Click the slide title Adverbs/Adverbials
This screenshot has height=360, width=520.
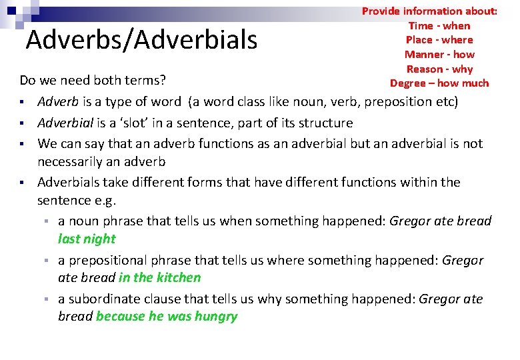click(x=141, y=41)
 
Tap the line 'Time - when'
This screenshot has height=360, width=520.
click(x=439, y=26)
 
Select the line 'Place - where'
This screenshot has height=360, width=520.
click(x=439, y=40)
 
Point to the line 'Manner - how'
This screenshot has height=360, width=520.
click(x=439, y=55)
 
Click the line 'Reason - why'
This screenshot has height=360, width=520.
click(x=439, y=69)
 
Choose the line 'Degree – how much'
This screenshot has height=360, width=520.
click(x=439, y=83)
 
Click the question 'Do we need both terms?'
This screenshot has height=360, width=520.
click(x=92, y=81)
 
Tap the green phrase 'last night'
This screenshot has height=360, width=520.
click(x=87, y=239)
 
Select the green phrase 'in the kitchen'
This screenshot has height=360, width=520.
click(x=159, y=277)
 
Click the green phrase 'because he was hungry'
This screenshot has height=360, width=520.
click(x=167, y=316)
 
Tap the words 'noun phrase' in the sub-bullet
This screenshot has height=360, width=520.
click(x=102, y=221)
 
